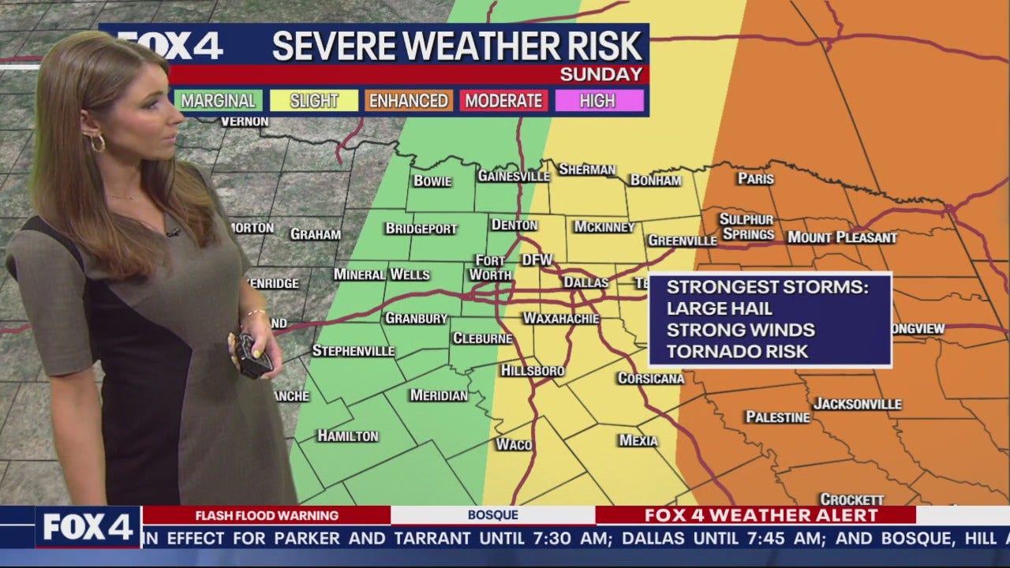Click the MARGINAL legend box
click(x=219, y=101)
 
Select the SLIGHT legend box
click(x=314, y=101)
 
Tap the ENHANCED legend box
click(x=409, y=101)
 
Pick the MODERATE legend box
click(x=503, y=101)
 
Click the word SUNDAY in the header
click(x=601, y=75)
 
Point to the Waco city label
click(x=514, y=444)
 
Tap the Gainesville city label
click(x=513, y=176)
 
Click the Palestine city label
click(x=778, y=417)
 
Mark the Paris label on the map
click(x=755, y=179)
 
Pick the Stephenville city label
click(x=353, y=350)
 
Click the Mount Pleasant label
click(x=842, y=237)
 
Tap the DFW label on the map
click(x=537, y=260)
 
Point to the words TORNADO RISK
click(x=738, y=352)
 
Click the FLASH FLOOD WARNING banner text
click(x=266, y=516)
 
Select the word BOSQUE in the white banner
click(x=492, y=516)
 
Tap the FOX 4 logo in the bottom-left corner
click(x=88, y=527)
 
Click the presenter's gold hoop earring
click(x=97, y=143)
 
